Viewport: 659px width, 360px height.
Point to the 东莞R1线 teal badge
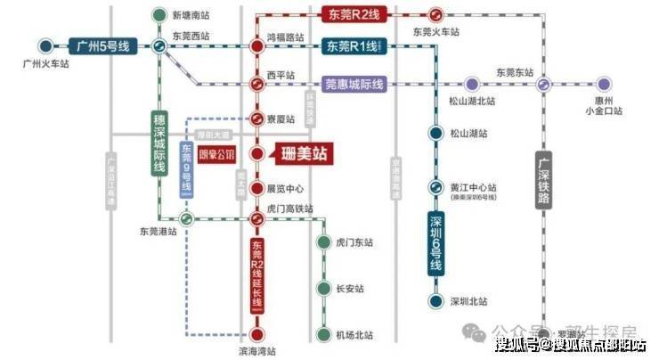352,46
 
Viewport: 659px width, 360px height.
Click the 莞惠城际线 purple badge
353,85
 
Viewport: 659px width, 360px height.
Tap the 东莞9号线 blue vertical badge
187,168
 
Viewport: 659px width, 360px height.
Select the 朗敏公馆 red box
216,154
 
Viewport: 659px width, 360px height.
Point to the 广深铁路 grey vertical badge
544,184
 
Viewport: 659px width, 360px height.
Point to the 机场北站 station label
356,335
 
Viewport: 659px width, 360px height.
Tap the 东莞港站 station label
159,230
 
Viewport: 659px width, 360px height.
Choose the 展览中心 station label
286,189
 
